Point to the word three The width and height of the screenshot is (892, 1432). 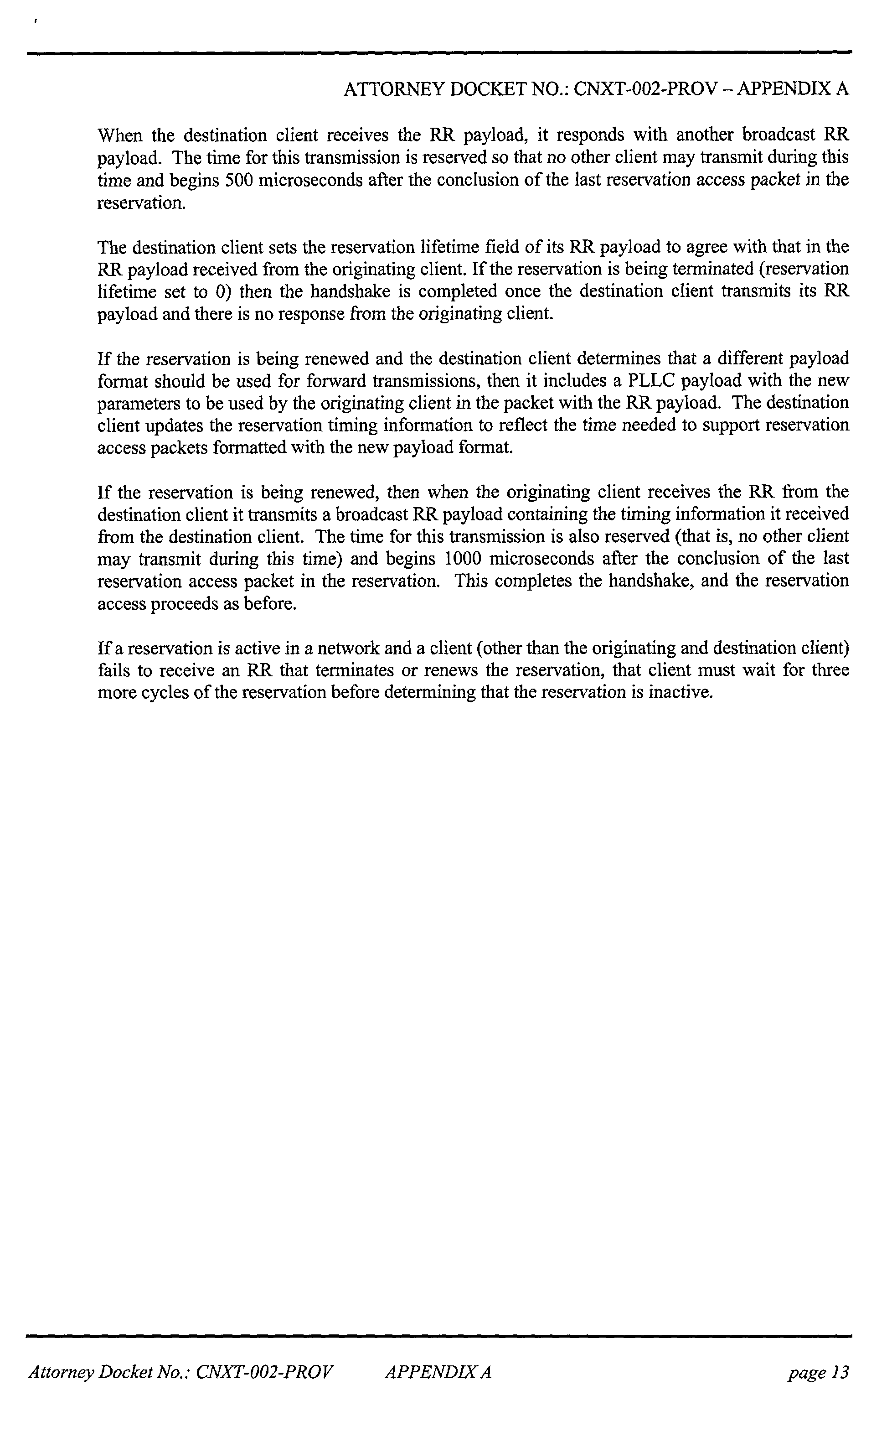(x=830, y=670)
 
